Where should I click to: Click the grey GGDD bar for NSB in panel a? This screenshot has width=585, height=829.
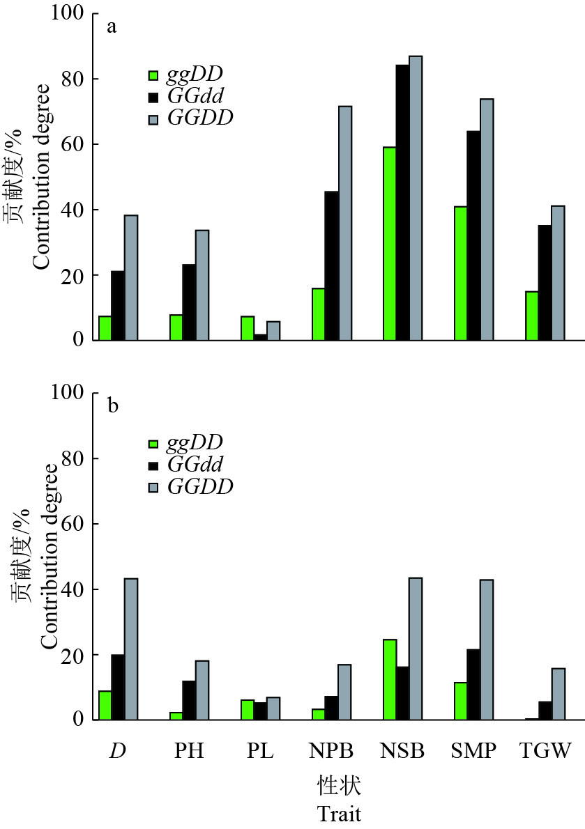[x=416, y=198]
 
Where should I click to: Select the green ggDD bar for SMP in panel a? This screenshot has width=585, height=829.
[x=460, y=273]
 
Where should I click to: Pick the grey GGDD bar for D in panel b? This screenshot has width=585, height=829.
[x=131, y=649]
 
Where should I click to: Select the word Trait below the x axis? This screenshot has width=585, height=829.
[x=340, y=813]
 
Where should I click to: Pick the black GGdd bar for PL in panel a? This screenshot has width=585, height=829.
[x=260, y=337]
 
